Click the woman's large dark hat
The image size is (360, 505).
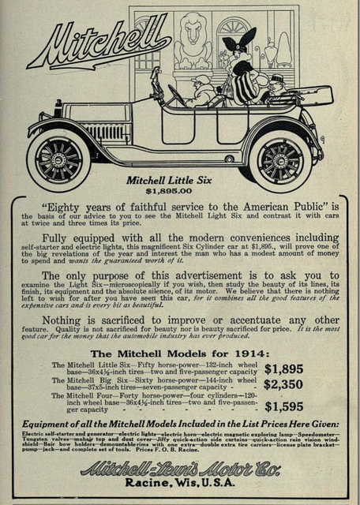[x=238, y=42]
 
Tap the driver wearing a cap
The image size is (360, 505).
[x=202, y=88]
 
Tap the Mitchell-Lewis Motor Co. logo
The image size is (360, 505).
[x=180, y=469]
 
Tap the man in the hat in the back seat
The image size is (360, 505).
[x=277, y=88]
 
